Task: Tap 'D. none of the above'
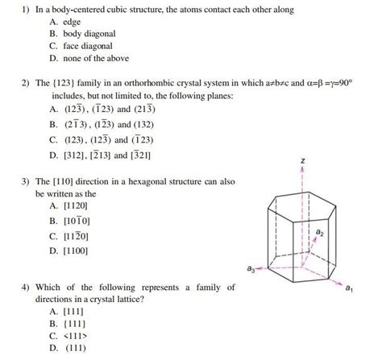[x=89, y=58]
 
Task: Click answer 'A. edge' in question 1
[x=68, y=22]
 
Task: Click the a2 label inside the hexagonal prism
[x=320, y=232]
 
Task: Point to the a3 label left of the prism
[x=253, y=270]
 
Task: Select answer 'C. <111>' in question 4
[x=69, y=335]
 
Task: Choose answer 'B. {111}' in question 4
[x=68, y=323]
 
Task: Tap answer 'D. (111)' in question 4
[x=68, y=348]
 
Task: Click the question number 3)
[x=27, y=183]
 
